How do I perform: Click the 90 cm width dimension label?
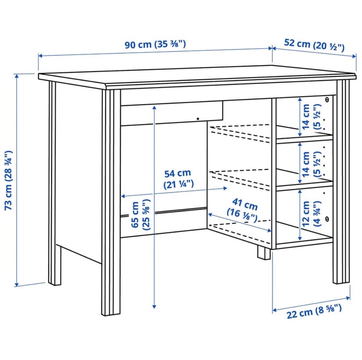pos(155,44)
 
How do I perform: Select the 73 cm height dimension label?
pos(9,180)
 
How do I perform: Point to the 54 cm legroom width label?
pos(178,179)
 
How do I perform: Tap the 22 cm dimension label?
pos(314,311)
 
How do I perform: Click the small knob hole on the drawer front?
pos(198,119)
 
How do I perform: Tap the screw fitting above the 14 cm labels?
pos(327,100)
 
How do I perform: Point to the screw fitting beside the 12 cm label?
pos(327,218)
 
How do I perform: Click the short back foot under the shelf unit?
pos(264,253)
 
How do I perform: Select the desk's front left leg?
pos(111,202)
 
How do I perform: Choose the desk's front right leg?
pos(343,182)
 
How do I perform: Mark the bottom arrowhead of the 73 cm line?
pos(16,284)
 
